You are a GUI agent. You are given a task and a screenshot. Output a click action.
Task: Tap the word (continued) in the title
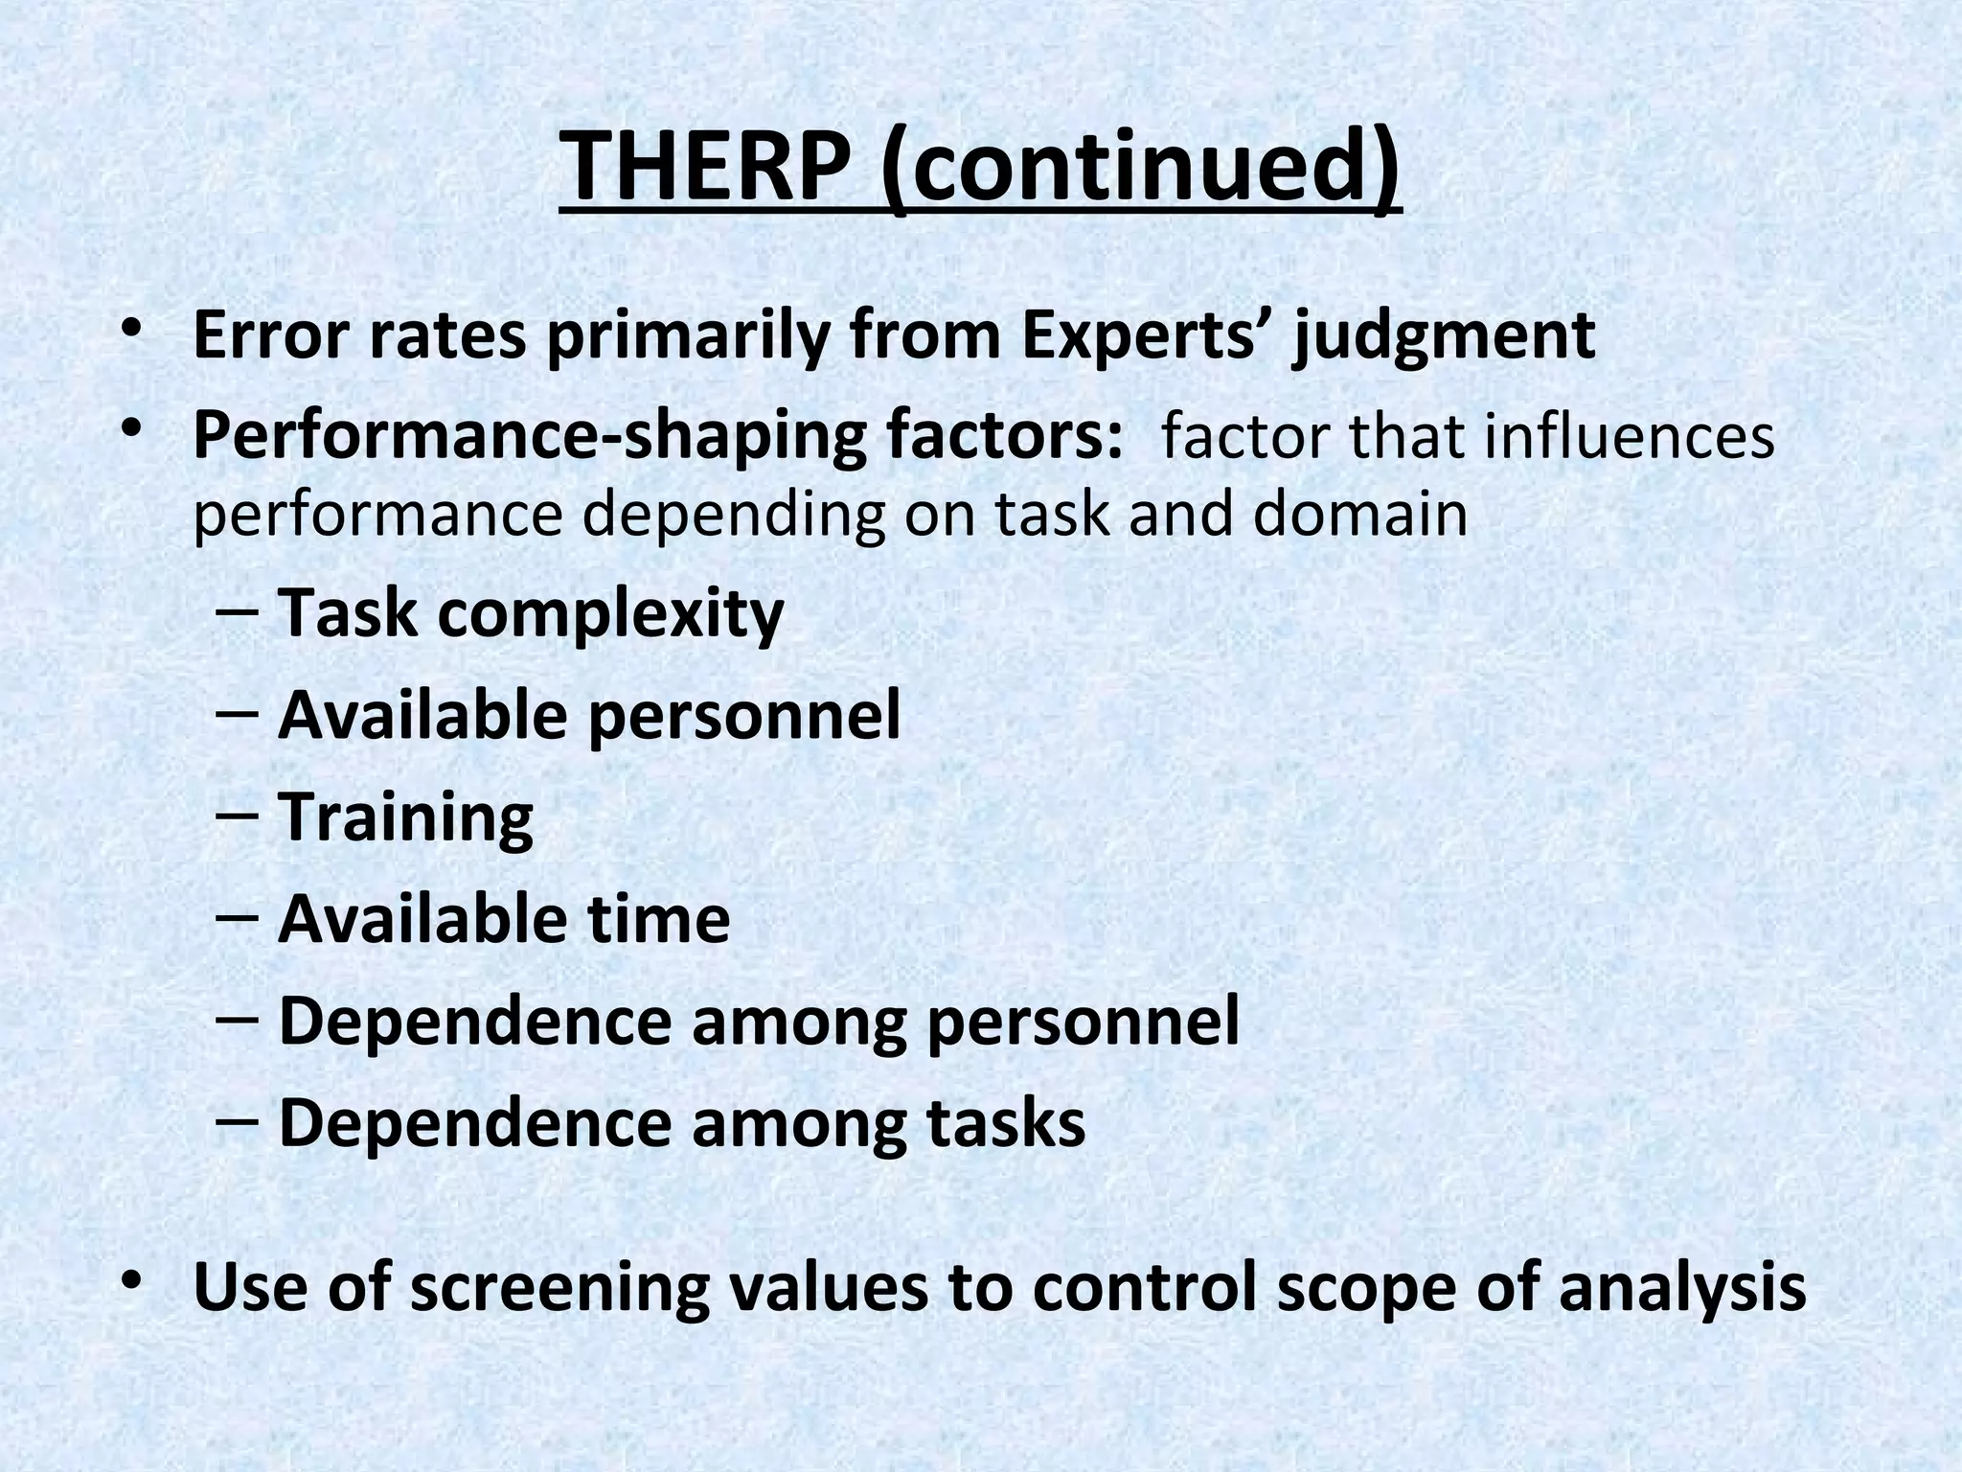tap(1140, 165)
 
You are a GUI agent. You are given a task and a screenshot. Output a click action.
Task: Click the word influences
tap(1630, 437)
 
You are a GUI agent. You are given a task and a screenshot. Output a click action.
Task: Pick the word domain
tap(1360, 515)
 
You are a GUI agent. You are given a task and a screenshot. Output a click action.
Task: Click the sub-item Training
tap(405, 817)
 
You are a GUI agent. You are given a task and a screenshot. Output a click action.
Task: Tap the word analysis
tap(1682, 1288)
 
